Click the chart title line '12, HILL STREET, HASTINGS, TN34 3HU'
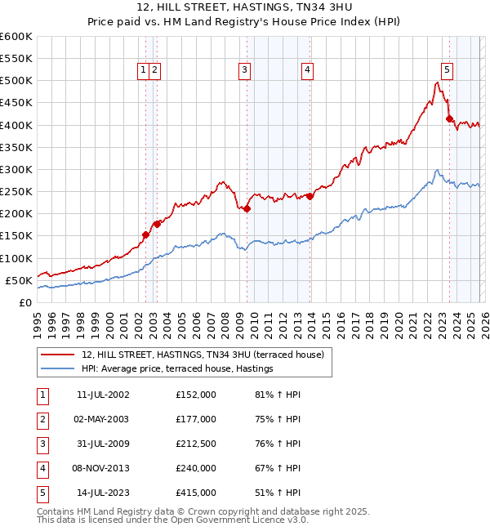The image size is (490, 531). tap(245, 9)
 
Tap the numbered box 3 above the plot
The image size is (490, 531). tap(244, 71)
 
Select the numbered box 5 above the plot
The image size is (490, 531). tap(448, 71)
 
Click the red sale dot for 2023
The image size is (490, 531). tap(449, 118)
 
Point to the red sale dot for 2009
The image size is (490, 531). tap(247, 208)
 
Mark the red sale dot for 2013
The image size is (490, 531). tap(310, 196)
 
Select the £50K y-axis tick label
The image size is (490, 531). tap(19, 280)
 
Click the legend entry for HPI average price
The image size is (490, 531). tap(176, 369)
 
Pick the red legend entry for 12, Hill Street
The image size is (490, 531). tap(203, 355)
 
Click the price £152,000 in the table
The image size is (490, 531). tap(196, 395)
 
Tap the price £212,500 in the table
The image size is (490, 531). tap(196, 444)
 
